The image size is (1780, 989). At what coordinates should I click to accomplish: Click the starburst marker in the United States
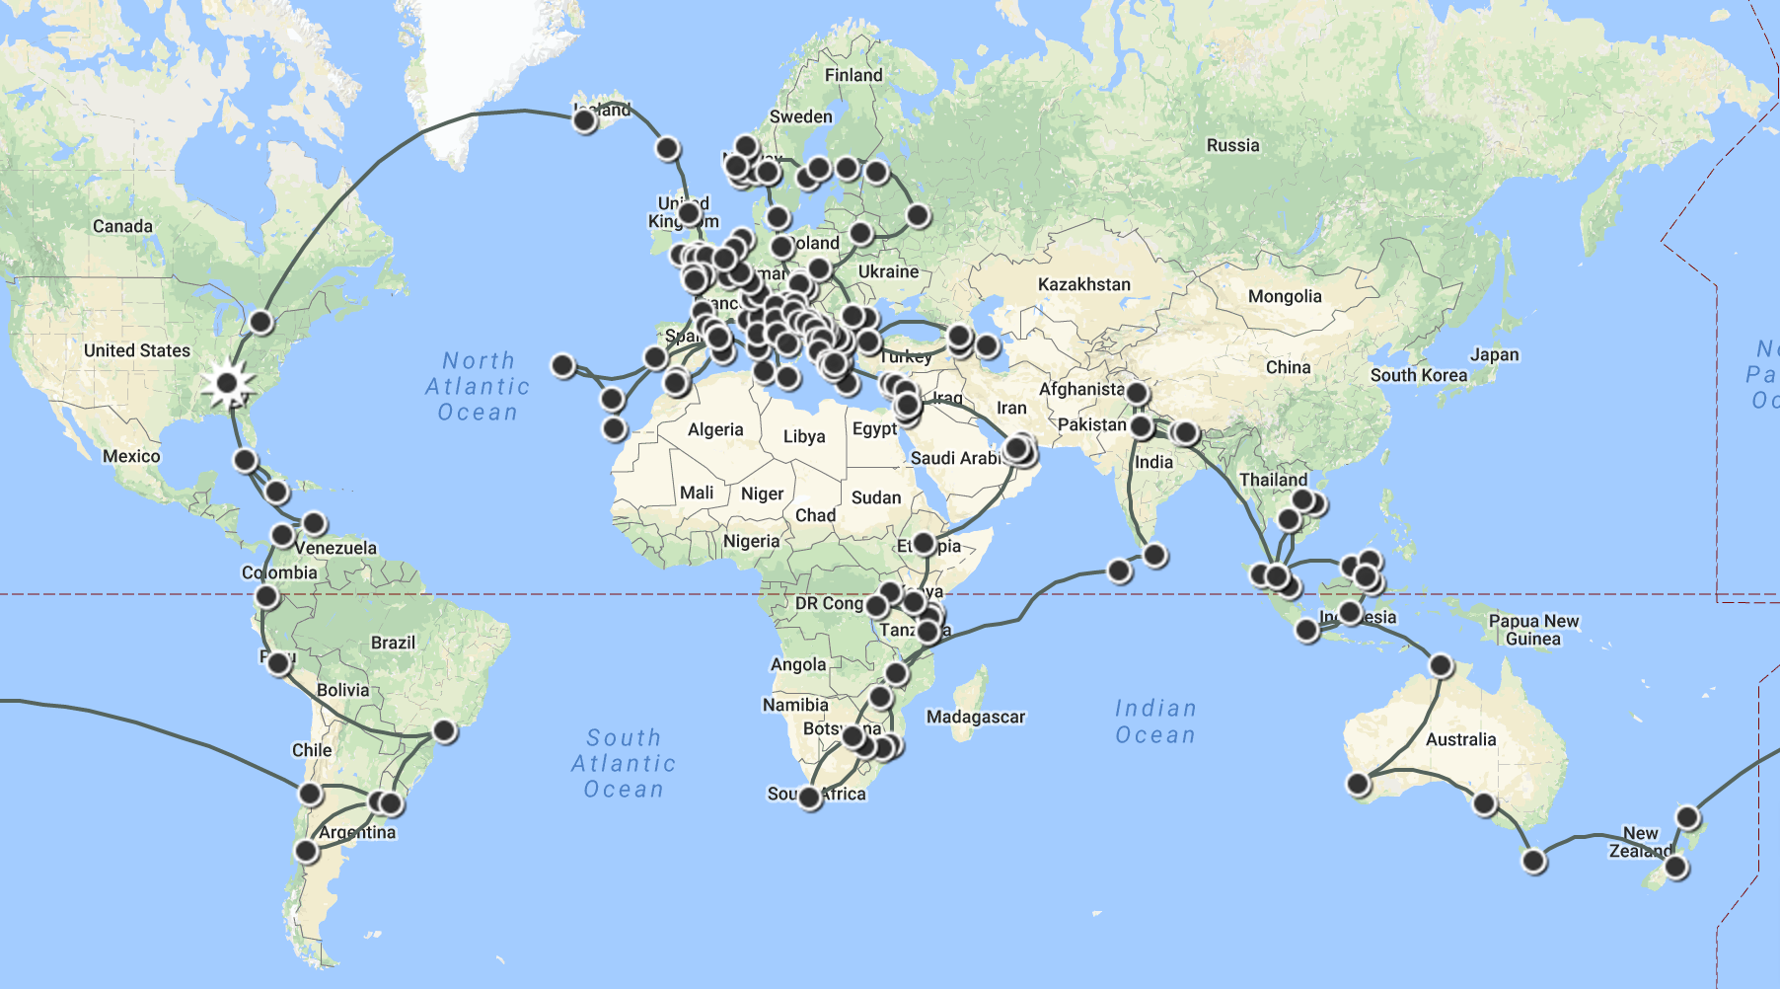[x=227, y=383]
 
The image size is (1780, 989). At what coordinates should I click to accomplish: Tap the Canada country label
[x=122, y=226]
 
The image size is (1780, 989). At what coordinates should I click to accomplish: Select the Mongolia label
[x=1284, y=296]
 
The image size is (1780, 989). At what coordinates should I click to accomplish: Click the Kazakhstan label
[x=1083, y=284]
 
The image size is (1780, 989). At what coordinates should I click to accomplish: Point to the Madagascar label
[x=975, y=717]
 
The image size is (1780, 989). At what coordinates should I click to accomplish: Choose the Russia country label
[x=1232, y=145]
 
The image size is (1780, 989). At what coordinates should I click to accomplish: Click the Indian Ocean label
[x=1154, y=722]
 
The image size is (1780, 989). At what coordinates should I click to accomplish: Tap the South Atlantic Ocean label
[x=624, y=763]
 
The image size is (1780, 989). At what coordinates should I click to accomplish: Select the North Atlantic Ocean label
[x=478, y=386]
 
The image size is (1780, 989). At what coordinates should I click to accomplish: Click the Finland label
[x=853, y=75]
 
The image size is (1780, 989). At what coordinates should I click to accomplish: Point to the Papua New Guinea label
[x=1533, y=630]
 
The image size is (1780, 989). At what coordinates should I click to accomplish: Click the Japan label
[x=1494, y=354]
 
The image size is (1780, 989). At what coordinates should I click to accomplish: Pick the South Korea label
[x=1418, y=375]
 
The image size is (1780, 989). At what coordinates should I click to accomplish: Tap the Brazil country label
[x=393, y=643]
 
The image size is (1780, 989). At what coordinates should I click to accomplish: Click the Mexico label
[x=131, y=456]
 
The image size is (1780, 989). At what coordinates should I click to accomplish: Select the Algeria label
[x=715, y=429]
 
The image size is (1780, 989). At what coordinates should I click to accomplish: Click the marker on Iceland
[x=584, y=121]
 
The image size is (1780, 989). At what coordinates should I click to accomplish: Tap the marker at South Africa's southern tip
[x=810, y=798]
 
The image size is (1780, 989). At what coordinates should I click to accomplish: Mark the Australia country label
[x=1460, y=739]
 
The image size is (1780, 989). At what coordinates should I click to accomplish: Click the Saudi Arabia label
[x=955, y=458]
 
